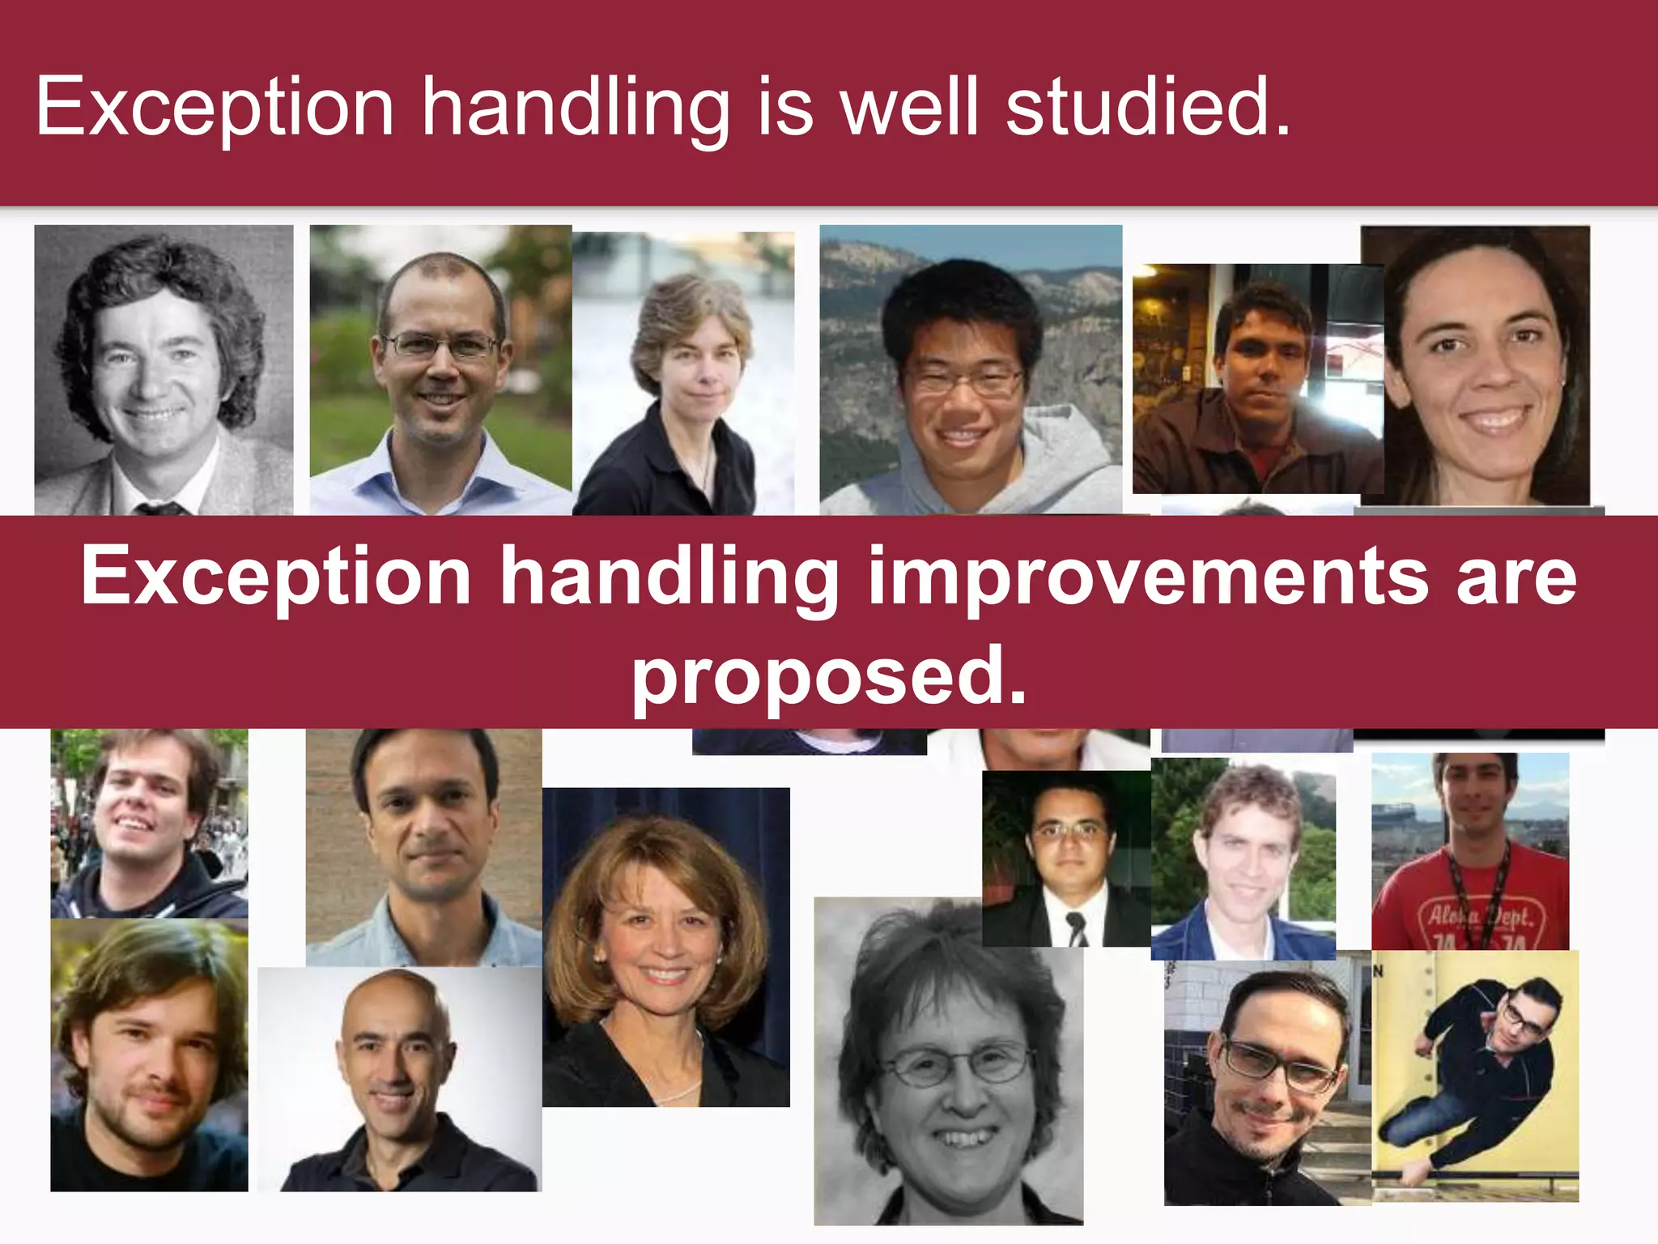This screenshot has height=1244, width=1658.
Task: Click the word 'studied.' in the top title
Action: [x=1147, y=107]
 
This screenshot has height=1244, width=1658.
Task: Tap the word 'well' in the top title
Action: [x=909, y=107]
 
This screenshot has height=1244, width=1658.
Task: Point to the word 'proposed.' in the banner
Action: [x=829, y=676]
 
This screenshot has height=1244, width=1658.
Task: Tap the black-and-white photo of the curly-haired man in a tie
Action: [x=164, y=370]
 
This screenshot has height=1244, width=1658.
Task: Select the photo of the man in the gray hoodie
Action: [x=971, y=370]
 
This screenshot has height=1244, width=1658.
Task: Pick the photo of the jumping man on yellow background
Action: [x=1475, y=1076]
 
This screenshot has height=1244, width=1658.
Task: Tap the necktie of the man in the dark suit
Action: [x=1077, y=927]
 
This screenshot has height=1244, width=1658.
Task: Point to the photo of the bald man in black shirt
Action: [x=399, y=1080]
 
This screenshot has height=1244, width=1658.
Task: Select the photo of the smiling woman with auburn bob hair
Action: [x=665, y=948]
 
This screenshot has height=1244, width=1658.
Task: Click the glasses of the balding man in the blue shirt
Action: [x=441, y=347]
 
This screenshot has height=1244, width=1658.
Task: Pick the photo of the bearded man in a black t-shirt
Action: [x=149, y=1055]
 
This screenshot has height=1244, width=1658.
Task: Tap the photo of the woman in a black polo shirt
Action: [x=682, y=374]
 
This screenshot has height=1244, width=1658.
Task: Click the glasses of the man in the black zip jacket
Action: [x=1278, y=1067]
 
